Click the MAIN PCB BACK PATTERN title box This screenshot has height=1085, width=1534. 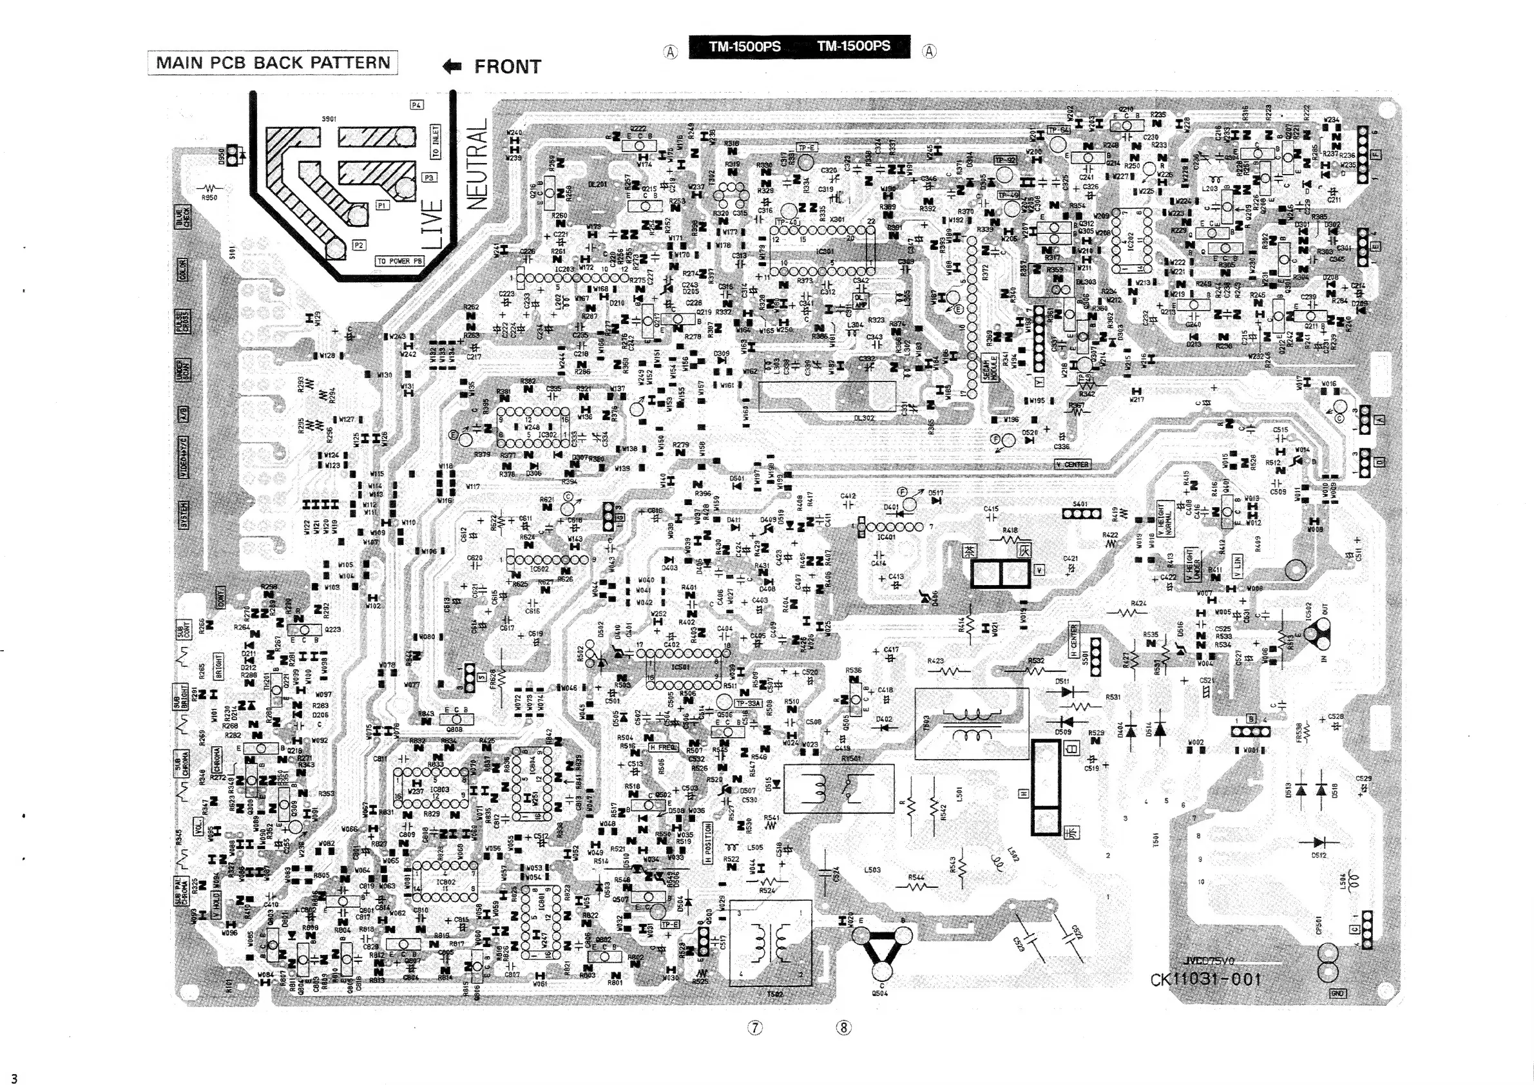coord(273,62)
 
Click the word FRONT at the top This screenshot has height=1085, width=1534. coord(507,67)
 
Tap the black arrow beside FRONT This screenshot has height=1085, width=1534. coord(452,66)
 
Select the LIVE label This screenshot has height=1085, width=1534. coord(433,224)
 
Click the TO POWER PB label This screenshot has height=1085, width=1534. coord(400,261)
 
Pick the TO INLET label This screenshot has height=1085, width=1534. coord(436,141)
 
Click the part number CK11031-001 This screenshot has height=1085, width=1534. coord(1206,979)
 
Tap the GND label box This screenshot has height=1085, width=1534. coord(1337,994)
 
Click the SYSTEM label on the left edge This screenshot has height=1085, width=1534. coord(183,514)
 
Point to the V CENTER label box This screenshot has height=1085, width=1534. coord(1073,465)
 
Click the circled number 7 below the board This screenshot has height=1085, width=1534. coord(754,1028)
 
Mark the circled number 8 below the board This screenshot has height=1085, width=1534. coord(844,1028)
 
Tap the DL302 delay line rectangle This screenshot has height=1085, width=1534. coord(827,396)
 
